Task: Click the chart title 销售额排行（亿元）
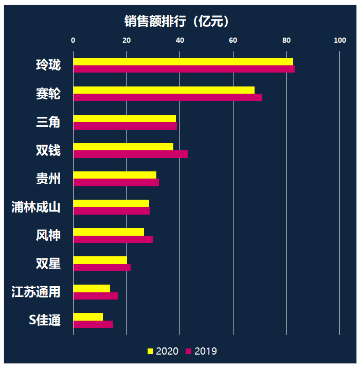(176, 21)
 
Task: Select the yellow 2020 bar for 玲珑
(183, 62)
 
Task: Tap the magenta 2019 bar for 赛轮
(168, 97)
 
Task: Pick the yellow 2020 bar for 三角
(124, 118)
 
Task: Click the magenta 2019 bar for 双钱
(131, 154)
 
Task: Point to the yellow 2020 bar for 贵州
(115, 175)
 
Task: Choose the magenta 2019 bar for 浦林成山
(112, 210)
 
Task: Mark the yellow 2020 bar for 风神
(109, 232)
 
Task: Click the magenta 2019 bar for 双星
(102, 268)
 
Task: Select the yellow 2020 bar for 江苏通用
(92, 288)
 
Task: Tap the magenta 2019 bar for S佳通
(93, 324)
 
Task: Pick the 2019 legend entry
(201, 351)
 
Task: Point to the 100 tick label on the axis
(339, 40)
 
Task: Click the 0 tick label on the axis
(73, 40)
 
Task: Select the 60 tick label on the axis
(233, 40)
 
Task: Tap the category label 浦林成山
(36, 207)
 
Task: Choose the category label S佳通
(45, 320)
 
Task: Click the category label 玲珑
(48, 65)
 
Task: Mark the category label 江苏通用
(36, 292)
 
